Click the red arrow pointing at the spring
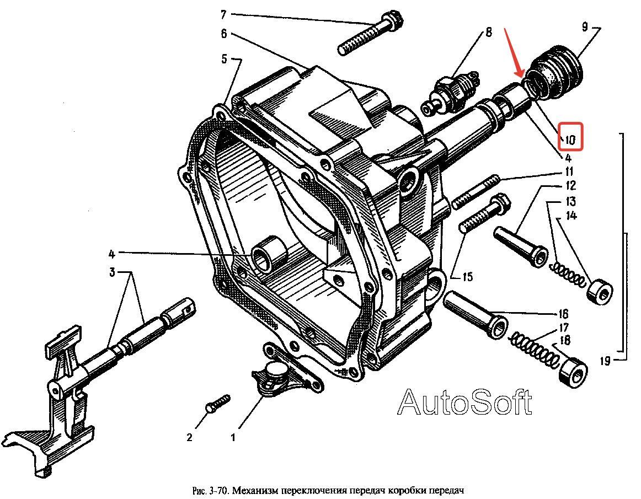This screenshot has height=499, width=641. (x=514, y=52)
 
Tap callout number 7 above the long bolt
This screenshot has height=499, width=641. (x=223, y=15)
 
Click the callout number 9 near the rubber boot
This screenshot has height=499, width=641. (x=585, y=28)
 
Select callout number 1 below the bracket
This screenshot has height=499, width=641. (x=233, y=438)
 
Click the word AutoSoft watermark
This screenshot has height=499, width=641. (x=465, y=401)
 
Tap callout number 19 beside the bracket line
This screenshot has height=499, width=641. (x=605, y=361)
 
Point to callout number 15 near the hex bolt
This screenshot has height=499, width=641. (x=468, y=277)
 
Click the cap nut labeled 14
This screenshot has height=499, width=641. (x=600, y=291)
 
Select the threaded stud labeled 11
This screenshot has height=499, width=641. (x=476, y=191)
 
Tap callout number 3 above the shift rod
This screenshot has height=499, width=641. (x=113, y=272)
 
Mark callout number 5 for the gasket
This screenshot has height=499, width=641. (x=224, y=59)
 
